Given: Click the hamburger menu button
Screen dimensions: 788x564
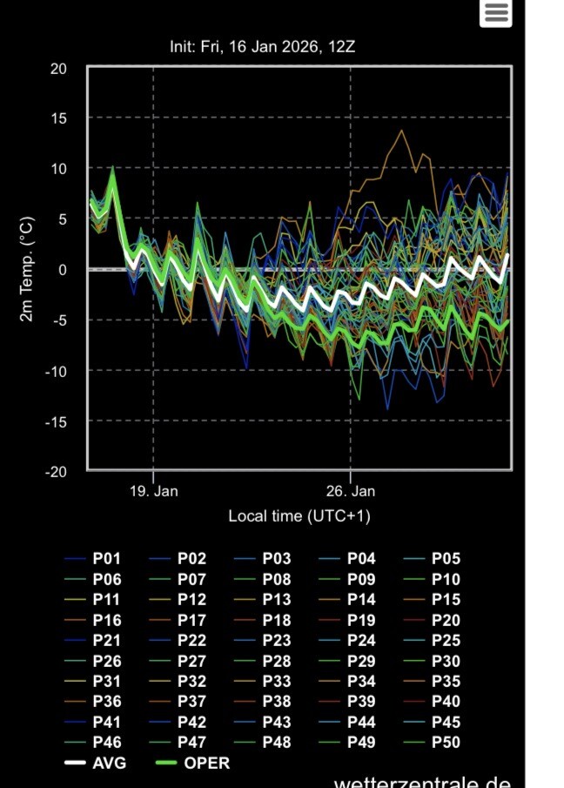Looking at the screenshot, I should click(496, 12).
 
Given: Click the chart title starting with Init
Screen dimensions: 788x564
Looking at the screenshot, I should click(262, 46).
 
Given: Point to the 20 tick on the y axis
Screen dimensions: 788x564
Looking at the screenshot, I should click(58, 68).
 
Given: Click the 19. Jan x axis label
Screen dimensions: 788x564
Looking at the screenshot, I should click(153, 491).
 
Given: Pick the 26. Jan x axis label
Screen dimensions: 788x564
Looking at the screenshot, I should click(351, 491).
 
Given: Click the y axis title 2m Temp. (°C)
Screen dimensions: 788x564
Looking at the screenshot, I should click(27, 269).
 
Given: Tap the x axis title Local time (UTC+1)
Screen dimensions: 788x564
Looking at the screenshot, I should click(299, 516).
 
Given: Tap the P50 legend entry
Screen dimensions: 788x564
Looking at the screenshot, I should click(446, 743).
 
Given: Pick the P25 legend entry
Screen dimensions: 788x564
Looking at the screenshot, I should click(446, 641).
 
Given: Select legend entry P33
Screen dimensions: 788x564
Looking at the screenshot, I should click(277, 682).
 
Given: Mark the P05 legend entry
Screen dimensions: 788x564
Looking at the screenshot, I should click(446, 559).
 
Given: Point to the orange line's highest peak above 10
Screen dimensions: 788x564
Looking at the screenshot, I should click(401, 131).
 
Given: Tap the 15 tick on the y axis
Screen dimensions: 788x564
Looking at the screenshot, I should click(58, 118).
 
